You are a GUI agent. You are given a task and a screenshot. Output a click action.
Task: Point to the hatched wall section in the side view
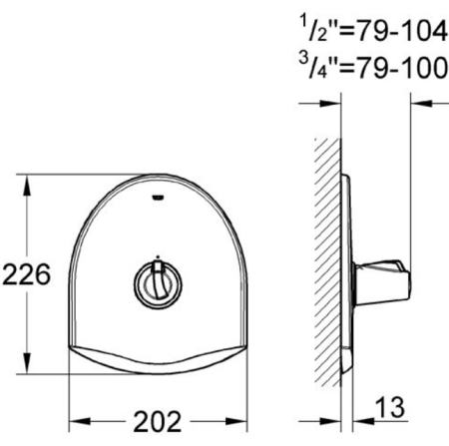pyautogui.click(x=325, y=269)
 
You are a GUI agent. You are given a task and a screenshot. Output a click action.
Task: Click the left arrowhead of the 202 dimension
pyautogui.click(x=76, y=419)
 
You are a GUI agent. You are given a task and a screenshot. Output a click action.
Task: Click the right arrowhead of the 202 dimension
pyautogui.click(x=238, y=419)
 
